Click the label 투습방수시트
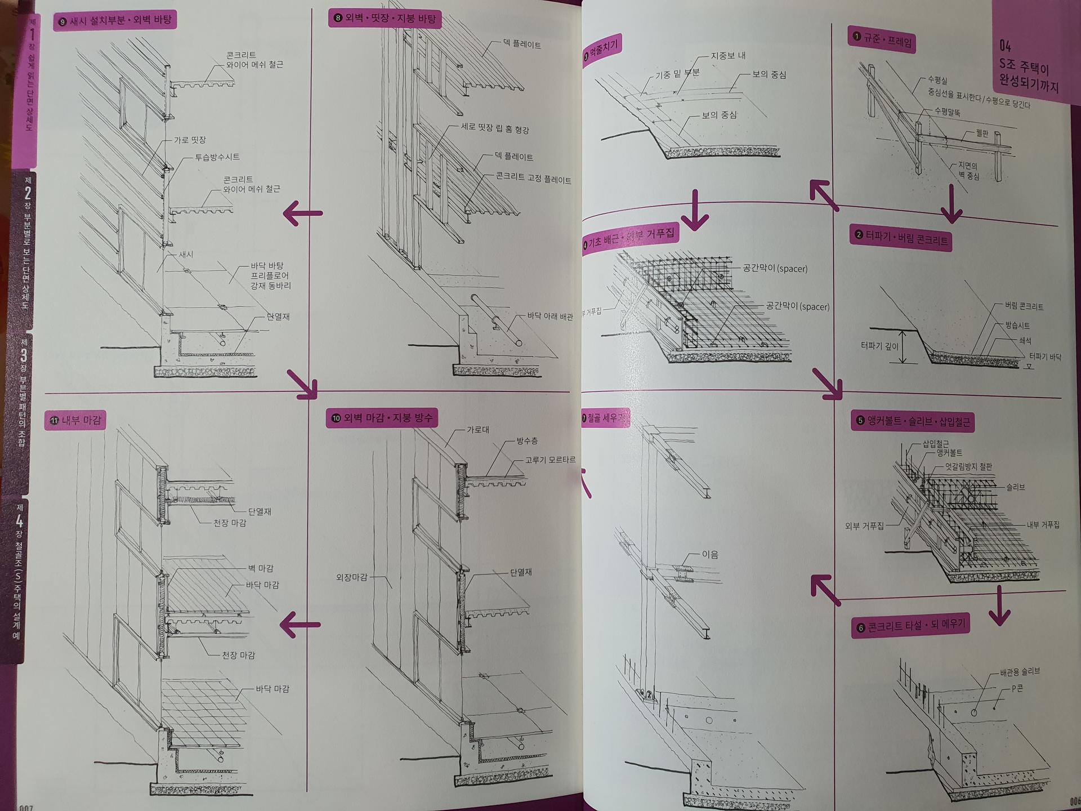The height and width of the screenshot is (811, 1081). (217, 157)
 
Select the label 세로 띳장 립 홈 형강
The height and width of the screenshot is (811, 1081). (495, 128)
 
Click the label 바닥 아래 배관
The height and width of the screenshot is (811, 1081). (550, 317)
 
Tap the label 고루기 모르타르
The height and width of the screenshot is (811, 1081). (550, 460)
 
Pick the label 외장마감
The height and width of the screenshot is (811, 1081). (351, 577)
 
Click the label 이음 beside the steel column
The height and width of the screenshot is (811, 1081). (710, 554)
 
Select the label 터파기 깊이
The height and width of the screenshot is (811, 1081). (879, 346)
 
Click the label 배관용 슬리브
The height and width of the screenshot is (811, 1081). (1020, 671)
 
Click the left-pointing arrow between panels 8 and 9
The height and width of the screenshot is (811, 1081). (302, 213)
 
